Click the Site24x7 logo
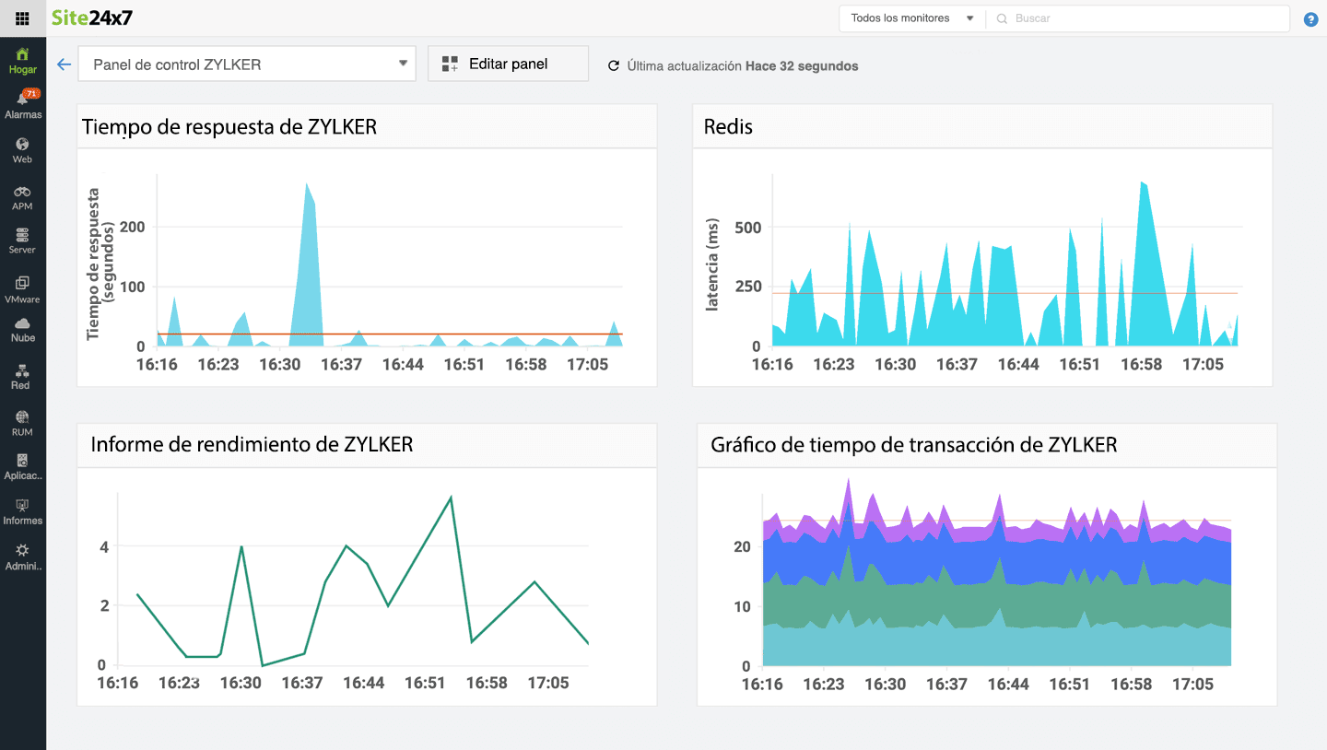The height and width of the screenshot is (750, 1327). (92, 18)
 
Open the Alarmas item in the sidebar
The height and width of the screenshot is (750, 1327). (23, 103)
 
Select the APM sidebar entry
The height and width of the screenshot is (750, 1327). (22, 196)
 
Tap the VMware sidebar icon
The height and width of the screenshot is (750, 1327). (22, 288)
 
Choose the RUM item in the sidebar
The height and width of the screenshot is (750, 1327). (22, 423)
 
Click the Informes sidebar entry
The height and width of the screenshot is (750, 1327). (22, 511)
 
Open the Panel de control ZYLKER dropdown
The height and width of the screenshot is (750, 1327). (247, 64)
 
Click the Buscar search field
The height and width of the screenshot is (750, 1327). (1143, 18)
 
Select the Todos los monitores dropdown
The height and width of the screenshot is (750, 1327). (911, 18)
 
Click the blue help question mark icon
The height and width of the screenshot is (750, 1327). (1310, 19)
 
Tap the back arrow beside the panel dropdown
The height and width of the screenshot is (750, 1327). (64, 64)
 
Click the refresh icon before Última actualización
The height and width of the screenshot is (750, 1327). (614, 66)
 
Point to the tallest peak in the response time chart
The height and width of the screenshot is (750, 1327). (307, 184)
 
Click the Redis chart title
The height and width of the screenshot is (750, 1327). (728, 127)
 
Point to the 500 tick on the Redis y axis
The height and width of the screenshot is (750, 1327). (747, 228)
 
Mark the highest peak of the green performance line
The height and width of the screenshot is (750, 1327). (451, 498)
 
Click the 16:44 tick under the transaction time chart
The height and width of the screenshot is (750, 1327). (1008, 685)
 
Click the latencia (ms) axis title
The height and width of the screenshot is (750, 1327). (712, 264)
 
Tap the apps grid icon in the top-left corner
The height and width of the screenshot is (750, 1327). (22, 18)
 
